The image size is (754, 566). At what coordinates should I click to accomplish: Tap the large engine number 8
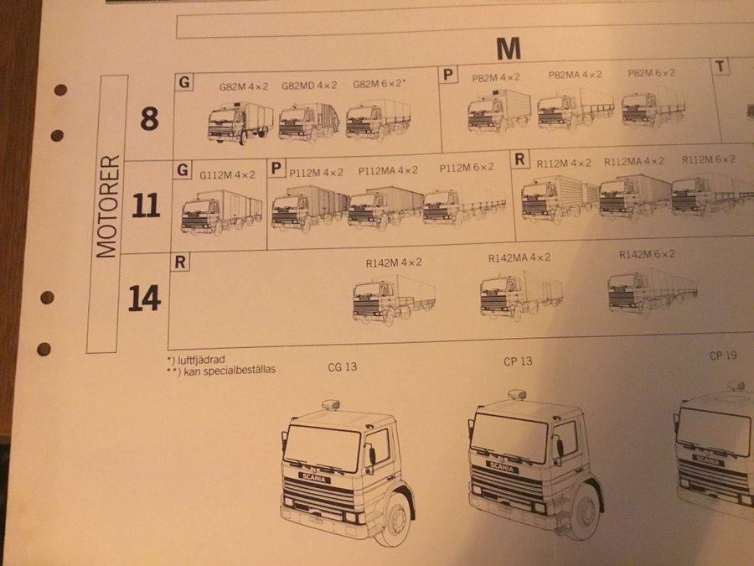[149, 118]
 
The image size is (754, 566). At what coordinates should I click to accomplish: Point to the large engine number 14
[144, 298]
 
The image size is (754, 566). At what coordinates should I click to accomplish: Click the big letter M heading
[509, 48]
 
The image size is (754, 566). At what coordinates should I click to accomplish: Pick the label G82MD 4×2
[308, 86]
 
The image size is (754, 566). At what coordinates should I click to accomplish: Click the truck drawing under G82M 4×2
[240, 122]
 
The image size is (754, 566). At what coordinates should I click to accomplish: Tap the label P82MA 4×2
[575, 75]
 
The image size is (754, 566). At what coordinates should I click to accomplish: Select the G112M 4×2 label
[227, 174]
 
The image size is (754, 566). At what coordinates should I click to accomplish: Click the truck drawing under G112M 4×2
[222, 212]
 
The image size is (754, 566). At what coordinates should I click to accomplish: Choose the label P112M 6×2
[467, 168]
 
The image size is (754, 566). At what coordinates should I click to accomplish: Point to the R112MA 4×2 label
[634, 161]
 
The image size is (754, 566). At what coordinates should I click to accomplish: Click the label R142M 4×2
[394, 262]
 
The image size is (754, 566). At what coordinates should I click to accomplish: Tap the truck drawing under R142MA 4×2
[521, 293]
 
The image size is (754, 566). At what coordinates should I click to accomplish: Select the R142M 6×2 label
[647, 254]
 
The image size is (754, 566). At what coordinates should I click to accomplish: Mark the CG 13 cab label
[343, 366]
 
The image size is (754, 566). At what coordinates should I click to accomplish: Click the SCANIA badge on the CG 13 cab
[314, 478]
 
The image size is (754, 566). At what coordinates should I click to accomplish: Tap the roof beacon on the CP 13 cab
[517, 395]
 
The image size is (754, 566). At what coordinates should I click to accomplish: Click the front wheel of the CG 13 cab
[395, 519]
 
